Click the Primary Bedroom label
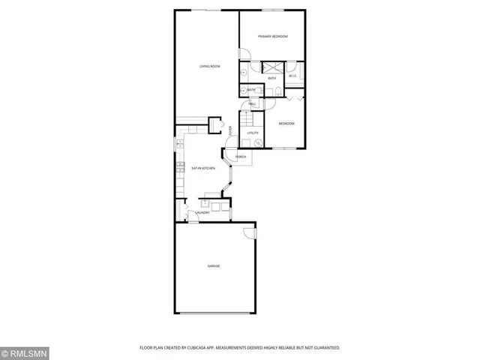[x=273, y=37]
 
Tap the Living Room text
[x=209, y=67]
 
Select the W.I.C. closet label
[x=293, y=76]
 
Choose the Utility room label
[x=253, y=133]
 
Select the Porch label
[x=241, y=157]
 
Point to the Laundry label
[x=201, y=213]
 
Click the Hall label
[x=253, y=104]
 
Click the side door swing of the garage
[x=248, y=234]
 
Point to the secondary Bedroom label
[x=286, y=123]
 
